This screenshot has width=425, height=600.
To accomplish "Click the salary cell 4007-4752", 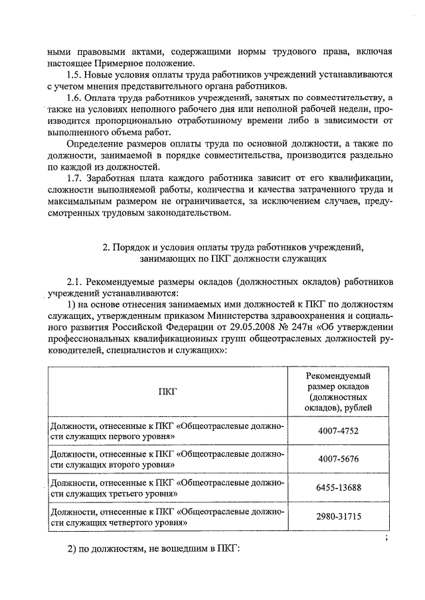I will point(337,432).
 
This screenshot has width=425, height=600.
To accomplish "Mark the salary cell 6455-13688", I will point(337,488).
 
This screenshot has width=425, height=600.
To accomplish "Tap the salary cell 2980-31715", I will point(337,517).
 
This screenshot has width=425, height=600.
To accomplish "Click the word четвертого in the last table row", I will point(133,523).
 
